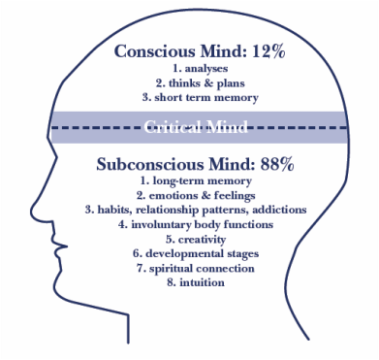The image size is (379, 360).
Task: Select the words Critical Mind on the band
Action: (x=197, y=125)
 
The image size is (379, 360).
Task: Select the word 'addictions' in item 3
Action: (x=277, y=210)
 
